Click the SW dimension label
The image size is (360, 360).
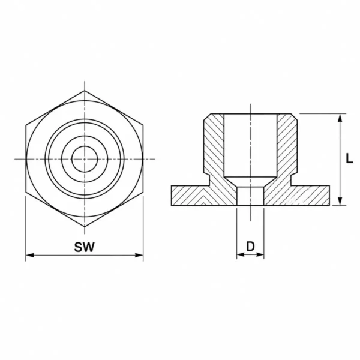click(x=84, y=247)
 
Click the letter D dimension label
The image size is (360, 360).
click(x=250, y=247)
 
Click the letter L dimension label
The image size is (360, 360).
click(x=349, y=158)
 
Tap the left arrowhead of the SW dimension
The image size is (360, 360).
click(x=30, y=255)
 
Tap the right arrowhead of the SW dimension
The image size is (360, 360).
click(x=139, y=255)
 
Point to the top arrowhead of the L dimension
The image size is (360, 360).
click(x=340, y=118)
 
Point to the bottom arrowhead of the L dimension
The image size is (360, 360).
click(x=340, y=201)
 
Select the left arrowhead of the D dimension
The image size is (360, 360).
click(x=241, y=254)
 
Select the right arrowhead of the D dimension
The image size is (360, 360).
click(x=260, y=254)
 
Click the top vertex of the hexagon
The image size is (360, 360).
click(x=85, y=91)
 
